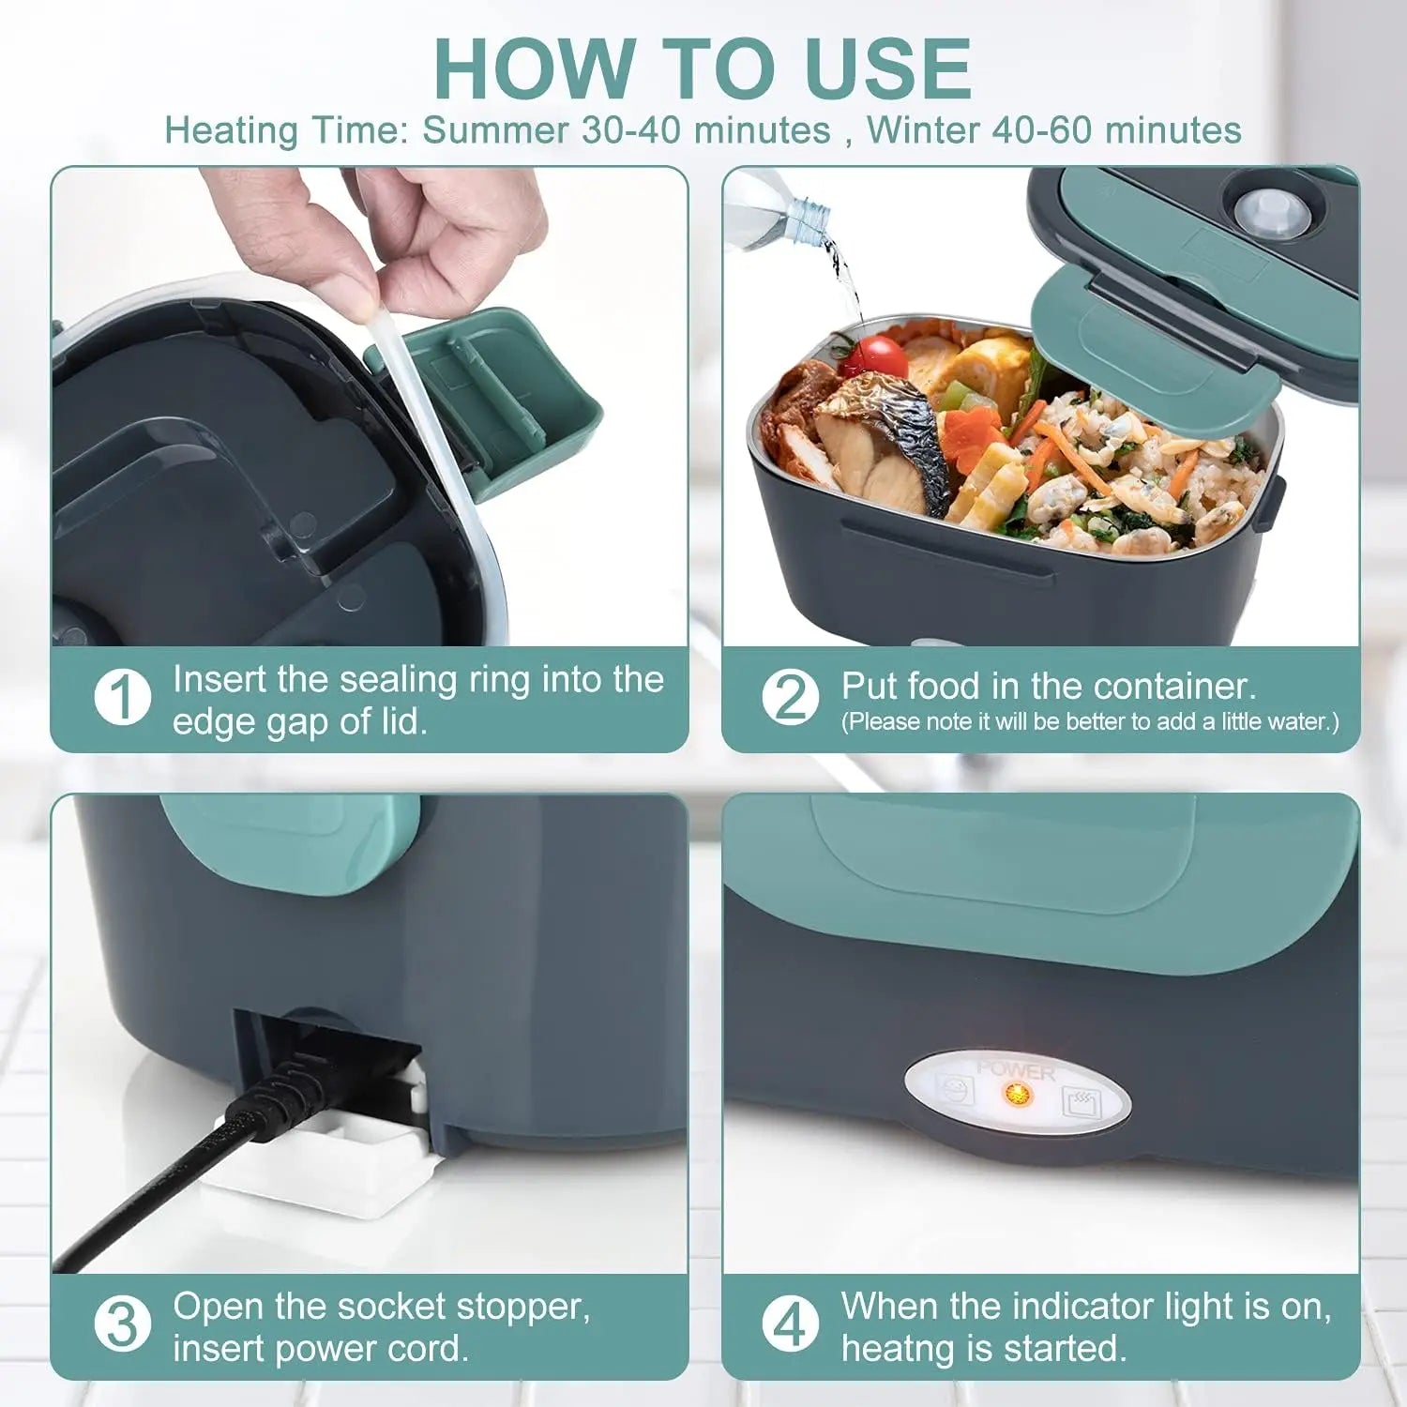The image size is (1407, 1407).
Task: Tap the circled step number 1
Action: point(123,698)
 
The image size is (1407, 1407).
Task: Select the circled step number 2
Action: point(790,698)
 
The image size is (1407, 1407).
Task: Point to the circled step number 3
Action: point(123,1324)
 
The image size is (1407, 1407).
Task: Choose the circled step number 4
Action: point(790,1324)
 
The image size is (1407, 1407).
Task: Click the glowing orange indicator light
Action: point(1015,1094)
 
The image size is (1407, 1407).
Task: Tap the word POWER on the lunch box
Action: point(1016,1069)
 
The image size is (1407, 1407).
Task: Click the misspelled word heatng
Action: point(895,1348)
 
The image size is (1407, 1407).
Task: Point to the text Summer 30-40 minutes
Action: point(626,129)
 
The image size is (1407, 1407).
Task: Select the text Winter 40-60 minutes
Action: point(1053,129)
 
